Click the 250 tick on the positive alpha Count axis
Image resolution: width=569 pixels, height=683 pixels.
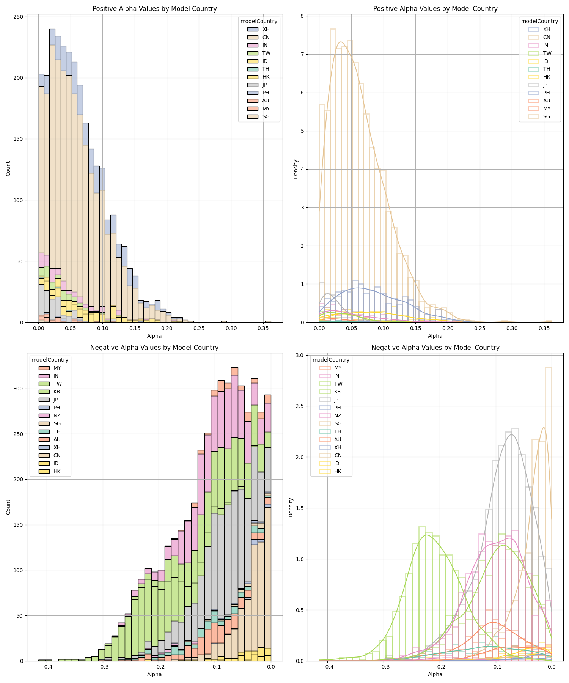[20, 17]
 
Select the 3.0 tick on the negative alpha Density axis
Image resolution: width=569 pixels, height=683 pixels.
[299, 356]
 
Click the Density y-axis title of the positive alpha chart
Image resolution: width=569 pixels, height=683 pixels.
[296, 169]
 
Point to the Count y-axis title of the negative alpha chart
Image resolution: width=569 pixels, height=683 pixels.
[8, 507]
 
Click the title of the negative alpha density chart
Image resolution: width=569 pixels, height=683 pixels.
[435, 348]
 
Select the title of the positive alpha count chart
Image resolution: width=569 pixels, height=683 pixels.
[154, 9]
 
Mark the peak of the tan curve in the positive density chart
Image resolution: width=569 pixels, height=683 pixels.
[340, 42]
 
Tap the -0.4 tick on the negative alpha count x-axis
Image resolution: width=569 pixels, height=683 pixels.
[47, 667]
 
